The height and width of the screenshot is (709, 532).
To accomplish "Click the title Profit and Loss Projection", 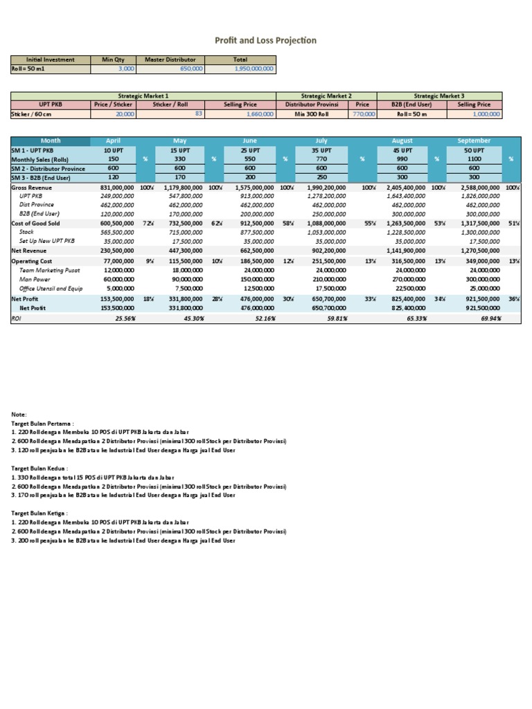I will click(x=266, y=40).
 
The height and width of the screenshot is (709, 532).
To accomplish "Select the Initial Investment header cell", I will click(x=51, y=60).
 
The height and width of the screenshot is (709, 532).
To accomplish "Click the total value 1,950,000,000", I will click(x=254, y=69).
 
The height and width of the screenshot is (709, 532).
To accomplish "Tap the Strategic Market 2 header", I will click(x=326, y=95).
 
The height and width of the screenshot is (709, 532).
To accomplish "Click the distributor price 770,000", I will click(x=364, y=114).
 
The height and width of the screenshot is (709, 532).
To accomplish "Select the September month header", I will click(x=475, y=141).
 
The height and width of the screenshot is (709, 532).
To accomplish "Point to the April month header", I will click(x=112, y=141).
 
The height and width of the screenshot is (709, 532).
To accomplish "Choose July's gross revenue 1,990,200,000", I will click(x=331, y=187).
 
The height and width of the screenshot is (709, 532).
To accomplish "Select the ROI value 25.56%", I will click(x=120, y=318).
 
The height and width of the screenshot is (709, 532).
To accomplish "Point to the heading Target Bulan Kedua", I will click(x=36, y=468).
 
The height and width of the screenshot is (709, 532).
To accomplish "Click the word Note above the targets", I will click(x=19, y=413).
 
